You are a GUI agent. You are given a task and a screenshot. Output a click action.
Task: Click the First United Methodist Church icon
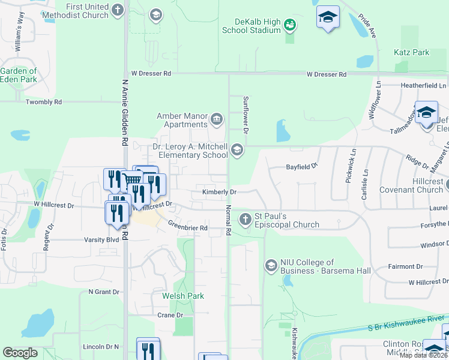118,10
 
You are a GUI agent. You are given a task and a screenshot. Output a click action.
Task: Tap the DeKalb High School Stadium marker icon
291,25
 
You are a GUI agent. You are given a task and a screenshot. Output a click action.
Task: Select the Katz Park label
411,52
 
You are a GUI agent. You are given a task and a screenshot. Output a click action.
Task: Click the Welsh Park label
183,296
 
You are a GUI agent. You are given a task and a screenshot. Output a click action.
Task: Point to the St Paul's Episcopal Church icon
245,219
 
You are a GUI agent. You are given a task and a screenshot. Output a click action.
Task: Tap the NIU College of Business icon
271,264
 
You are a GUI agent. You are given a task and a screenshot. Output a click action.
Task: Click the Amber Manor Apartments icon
217,119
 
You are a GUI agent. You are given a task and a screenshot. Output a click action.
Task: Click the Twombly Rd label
44,103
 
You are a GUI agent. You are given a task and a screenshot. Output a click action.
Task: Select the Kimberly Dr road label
220,192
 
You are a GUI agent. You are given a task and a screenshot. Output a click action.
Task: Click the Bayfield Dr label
301,165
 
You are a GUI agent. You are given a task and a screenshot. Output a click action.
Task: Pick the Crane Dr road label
170,315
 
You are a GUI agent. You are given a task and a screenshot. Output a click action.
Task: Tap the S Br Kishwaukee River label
408,323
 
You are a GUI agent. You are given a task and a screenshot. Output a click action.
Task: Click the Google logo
20,353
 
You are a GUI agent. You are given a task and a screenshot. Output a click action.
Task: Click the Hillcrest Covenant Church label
420,185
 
